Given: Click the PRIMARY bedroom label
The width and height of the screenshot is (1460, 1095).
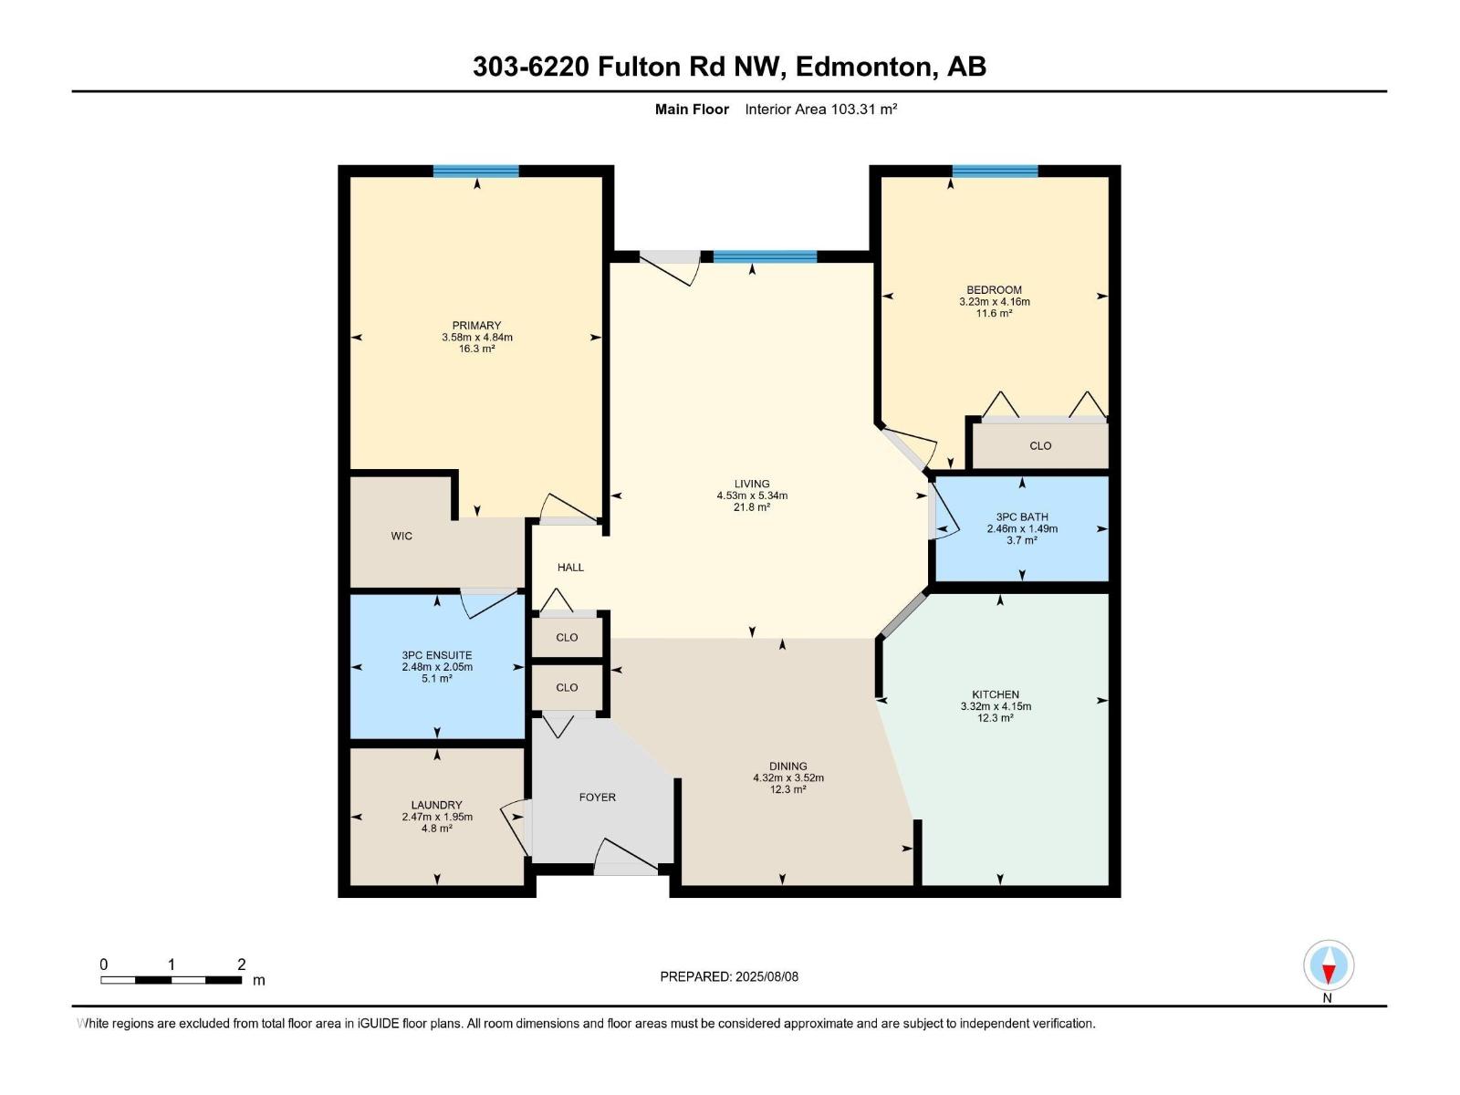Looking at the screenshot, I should pyautogui.click(x=476, y=326).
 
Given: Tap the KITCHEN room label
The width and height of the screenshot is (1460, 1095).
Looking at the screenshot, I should pyautogui.click(x=996, y=694).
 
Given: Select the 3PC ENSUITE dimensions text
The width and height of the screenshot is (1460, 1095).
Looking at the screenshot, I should pyautogui.click(x=437, y=667).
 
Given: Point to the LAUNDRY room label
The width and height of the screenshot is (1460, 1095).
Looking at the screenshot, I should pyautogui.click(x=436, y=805).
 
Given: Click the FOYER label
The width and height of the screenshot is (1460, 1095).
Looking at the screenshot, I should pyautogui.click(x=598, y=798).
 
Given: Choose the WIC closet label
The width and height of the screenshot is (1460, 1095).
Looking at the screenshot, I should pyautogui.click(x=401, y=537).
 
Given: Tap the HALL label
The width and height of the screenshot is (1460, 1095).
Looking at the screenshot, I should pyautogui.click(x=570, y=568).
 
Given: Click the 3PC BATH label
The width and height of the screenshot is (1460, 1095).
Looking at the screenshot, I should pyautogui.click(x=1022, y=516).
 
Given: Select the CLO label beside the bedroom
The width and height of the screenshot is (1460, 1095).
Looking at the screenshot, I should pyautogui.click(x=1040, y=446).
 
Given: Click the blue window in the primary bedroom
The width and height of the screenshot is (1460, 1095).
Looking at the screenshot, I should pyautogui.click(x=475, y=171).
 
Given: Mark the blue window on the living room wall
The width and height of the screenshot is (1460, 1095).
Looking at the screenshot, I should pyautogui.click(x=765, y=256).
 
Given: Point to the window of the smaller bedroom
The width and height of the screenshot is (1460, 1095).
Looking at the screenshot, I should pyautogui.click(x=995, y=171).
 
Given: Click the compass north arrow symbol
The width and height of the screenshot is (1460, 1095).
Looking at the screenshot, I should pyautogui.click(x=1329, y=966).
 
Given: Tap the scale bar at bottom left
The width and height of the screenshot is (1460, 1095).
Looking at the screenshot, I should pyautogui.click(x=171, y=980).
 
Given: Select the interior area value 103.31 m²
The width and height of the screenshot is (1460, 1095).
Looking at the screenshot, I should pyautogui.click(x=863, y=109).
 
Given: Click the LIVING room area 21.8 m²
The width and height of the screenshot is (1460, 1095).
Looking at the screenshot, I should pyautogui.click(x=752, y=507).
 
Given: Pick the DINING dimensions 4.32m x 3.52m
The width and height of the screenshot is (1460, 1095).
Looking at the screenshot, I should pyautogui.click(x=787, y=778).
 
